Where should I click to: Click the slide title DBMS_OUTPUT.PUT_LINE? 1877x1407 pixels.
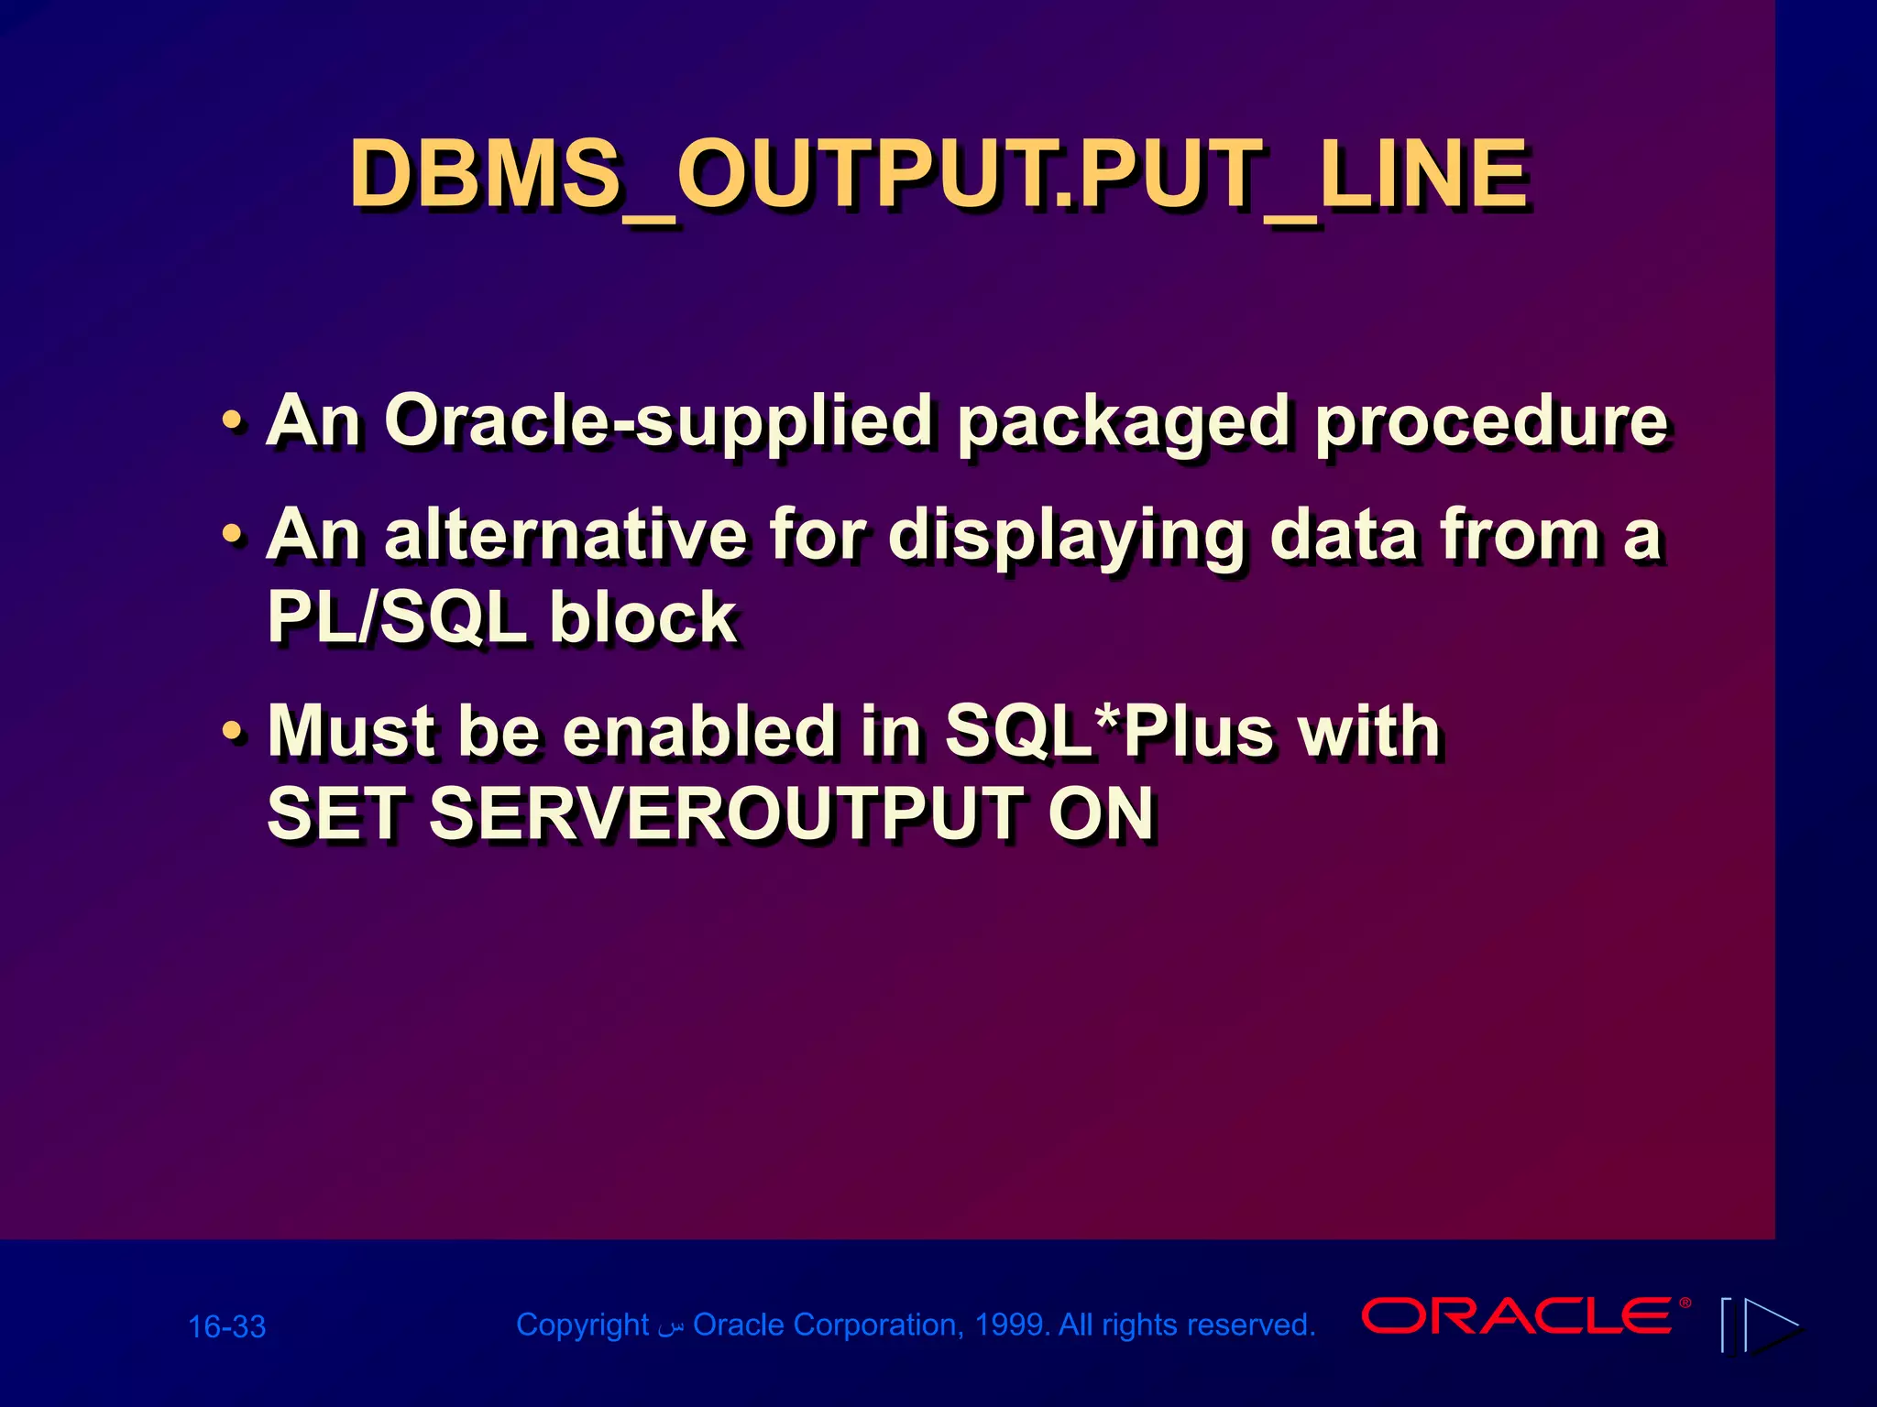click(938, 174)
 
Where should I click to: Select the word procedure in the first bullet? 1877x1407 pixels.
click(1489, 422)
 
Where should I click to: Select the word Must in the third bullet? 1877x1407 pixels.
click(352, 732)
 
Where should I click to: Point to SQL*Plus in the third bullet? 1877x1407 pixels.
click(1108, 732)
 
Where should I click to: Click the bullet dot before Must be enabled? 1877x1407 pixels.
click(233, 733)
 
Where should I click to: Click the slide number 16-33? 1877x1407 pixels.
click(226, 1326)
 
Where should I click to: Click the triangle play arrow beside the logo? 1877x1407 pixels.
click(1771, 1325)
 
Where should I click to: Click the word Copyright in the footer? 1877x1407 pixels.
click(582, 1325)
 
